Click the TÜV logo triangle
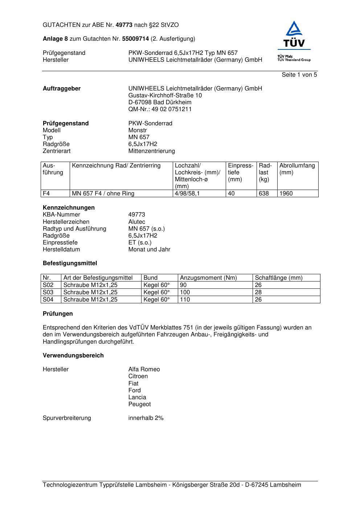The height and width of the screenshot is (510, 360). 294,29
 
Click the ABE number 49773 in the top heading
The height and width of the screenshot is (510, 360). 124,25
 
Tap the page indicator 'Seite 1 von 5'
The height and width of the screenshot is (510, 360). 299,75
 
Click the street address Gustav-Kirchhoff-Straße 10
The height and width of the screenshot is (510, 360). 165,96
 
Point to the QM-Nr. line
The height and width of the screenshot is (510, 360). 160,109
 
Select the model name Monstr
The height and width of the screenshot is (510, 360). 138,130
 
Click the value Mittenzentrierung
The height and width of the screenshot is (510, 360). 151,151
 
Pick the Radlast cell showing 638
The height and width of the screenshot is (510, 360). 264,194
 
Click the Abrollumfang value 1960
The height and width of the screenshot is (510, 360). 286,194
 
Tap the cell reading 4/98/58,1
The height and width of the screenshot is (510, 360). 187,194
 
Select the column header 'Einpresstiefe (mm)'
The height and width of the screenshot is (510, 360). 241,173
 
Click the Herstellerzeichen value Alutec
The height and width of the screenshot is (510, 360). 136,222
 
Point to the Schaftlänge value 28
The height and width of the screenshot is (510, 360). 258,292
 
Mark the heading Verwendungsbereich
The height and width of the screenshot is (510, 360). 73,356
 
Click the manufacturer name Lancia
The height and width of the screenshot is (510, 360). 137,397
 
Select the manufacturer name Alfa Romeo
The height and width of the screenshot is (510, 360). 144,369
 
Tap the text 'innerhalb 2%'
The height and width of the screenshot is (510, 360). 146,418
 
